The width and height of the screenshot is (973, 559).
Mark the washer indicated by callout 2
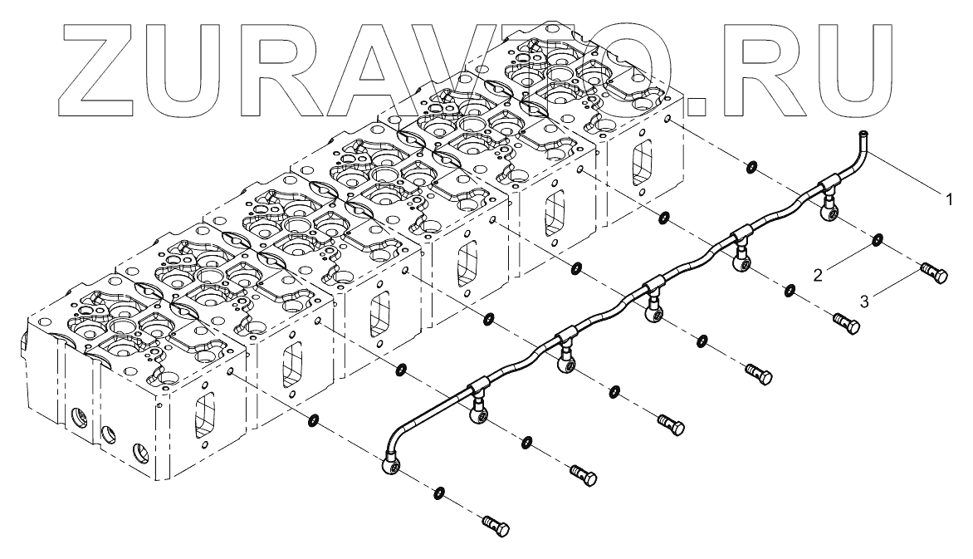[878, 243]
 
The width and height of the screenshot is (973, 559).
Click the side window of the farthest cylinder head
[640, 164]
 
